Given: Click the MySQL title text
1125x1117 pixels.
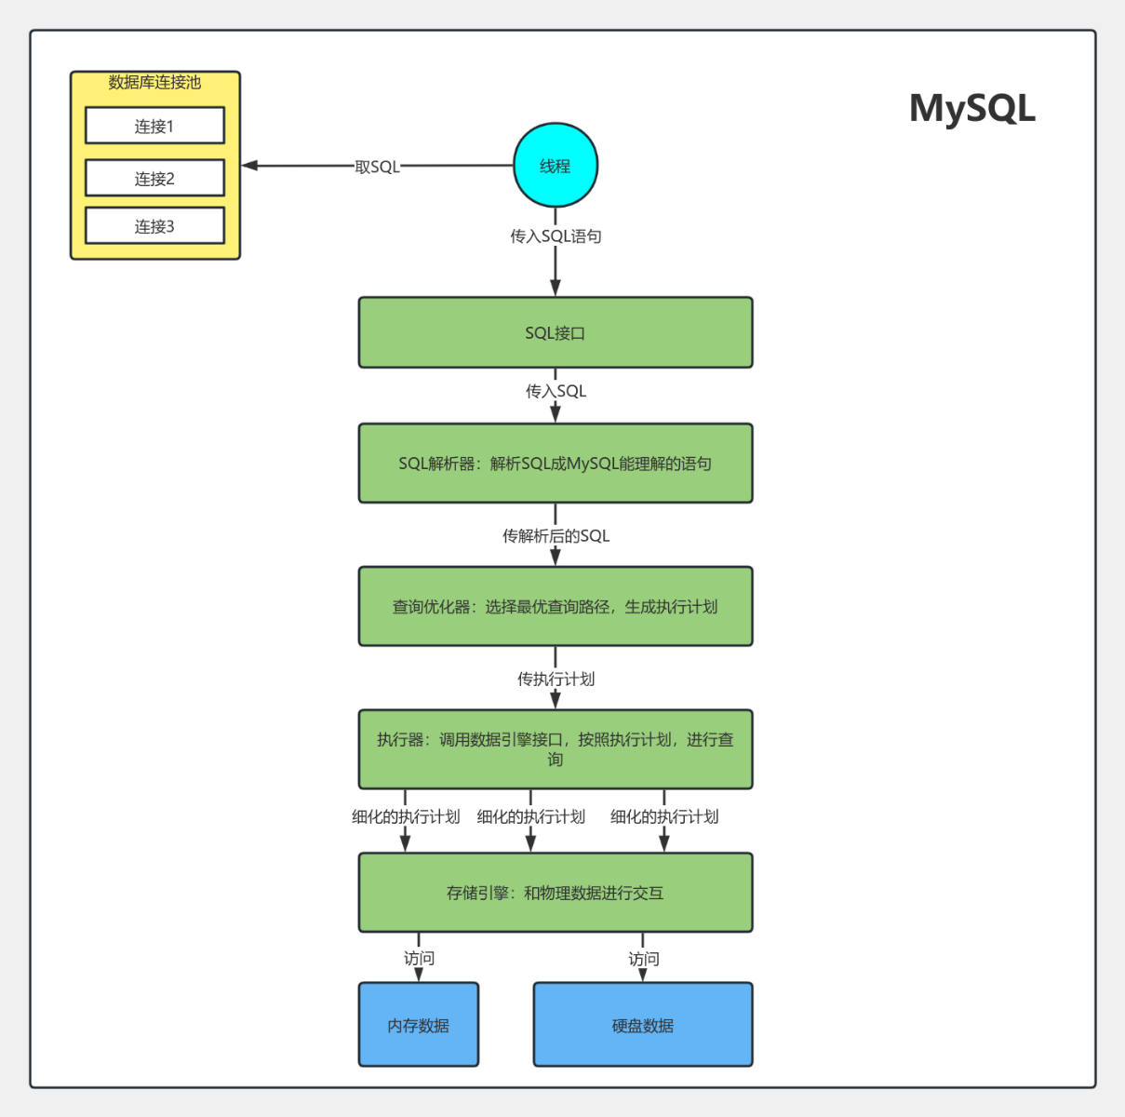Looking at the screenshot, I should pos(971,109).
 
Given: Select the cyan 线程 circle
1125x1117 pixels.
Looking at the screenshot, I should pos(556,166).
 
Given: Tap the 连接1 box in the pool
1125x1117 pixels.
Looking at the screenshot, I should pos(154,126).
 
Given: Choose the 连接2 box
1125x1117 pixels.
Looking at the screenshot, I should pos(154,178).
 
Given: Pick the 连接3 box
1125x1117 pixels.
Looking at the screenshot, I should pos(154,226).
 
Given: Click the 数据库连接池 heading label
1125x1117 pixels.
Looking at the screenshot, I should pos(154,83).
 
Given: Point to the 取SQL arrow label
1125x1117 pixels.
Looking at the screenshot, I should pos(377,167).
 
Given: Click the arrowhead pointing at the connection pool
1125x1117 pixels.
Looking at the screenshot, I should pos(249,166).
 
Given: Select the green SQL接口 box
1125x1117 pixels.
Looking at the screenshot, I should pos(556,332).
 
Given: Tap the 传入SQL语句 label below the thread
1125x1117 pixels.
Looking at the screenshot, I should pos(556,236).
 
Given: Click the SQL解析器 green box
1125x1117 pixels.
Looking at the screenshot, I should pos(556,464).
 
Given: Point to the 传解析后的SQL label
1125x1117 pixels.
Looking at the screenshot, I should pos(556,536).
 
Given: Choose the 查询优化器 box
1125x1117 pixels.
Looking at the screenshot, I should pos(556,606).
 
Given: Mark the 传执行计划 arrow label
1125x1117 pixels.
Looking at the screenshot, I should pos(556,680).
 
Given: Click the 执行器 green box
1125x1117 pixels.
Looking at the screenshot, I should pos(556,749).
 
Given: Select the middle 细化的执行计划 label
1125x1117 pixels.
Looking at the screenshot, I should pos(530,817).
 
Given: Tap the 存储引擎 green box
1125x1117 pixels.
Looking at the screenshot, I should pos(556,893).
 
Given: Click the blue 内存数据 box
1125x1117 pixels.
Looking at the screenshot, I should pos(419,1025).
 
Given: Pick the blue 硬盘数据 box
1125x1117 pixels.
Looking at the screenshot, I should pos(643,1025).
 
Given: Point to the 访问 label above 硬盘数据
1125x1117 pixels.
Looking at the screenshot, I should pos(643,959).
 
